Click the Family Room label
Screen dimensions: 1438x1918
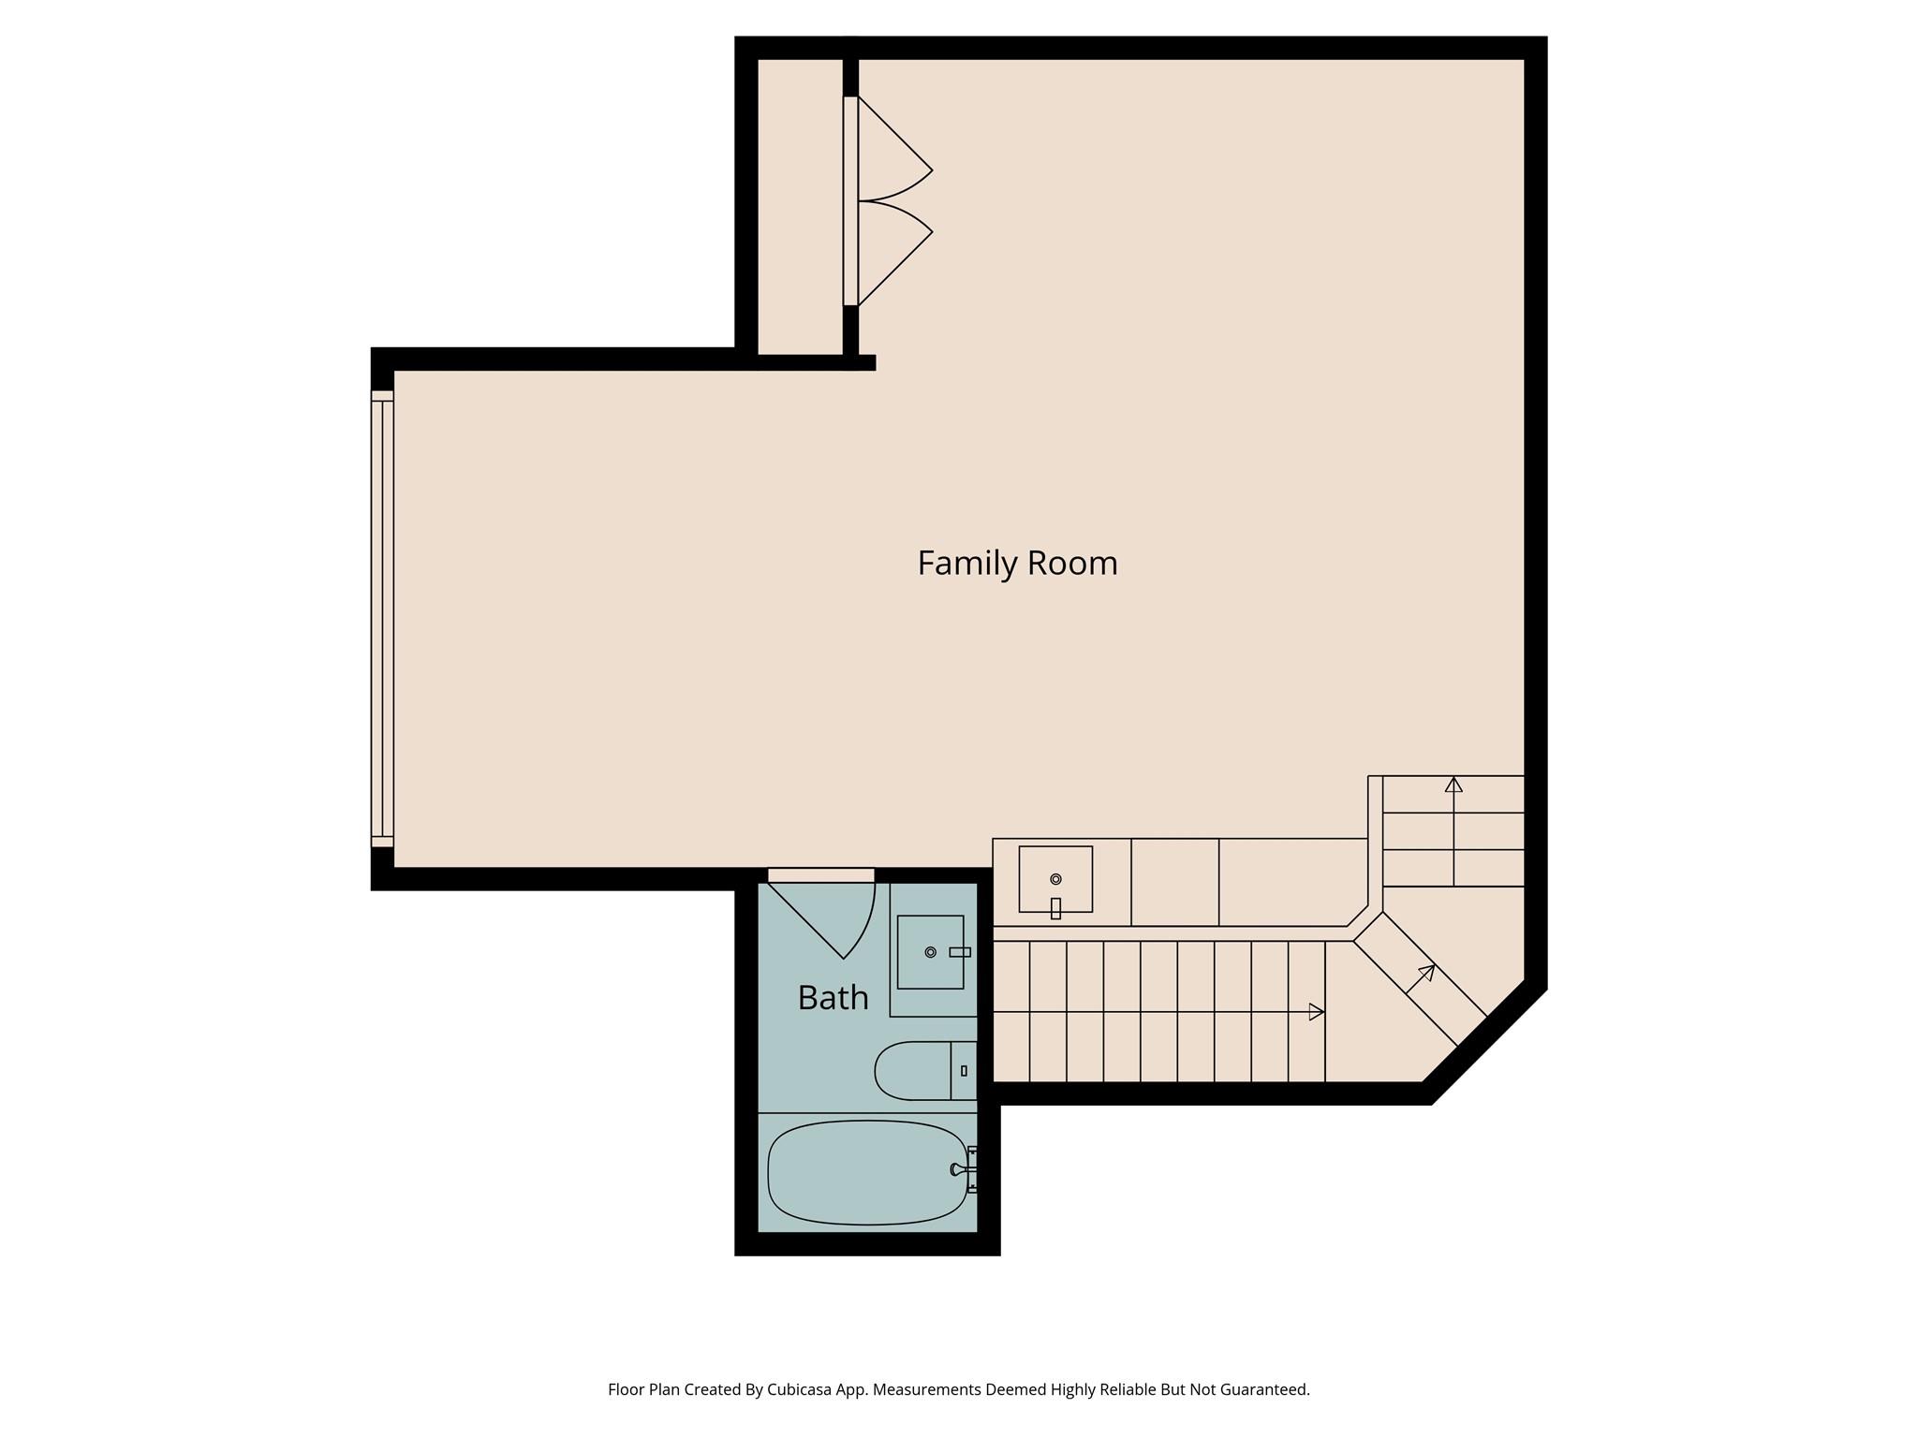pos(1017,564)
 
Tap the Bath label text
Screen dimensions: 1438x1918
pos(833,998)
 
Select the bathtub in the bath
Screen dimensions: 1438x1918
pos(866,1172)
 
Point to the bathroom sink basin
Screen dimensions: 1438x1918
pos(930,952)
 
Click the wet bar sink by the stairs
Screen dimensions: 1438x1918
pos(1055,879)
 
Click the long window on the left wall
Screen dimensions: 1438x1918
pos(382,618)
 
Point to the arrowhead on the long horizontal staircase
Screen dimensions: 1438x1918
pos(1316,1012)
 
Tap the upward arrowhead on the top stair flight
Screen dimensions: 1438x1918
pos(1453,785)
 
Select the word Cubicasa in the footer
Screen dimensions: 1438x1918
pos(803,1390)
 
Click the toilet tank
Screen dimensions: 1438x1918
pos(964,1070)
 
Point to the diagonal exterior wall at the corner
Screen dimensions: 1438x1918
pos(1487,1044)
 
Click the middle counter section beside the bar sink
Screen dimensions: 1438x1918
pos(1174,882)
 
